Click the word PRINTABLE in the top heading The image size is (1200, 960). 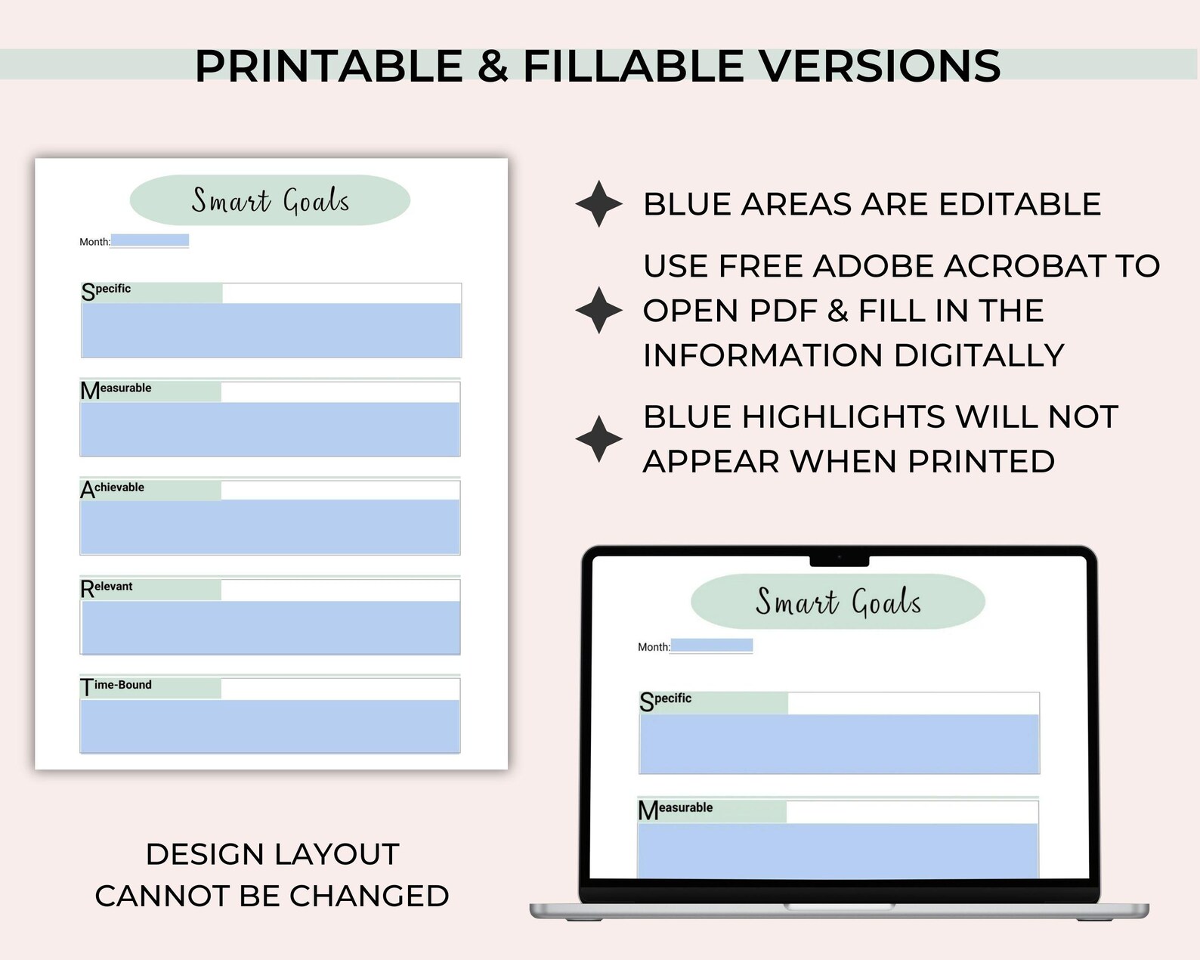(329, 66)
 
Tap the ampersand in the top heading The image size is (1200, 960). (493, 66)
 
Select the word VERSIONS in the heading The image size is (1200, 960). (880, 66)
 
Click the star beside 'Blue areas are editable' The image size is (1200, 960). (599, 204)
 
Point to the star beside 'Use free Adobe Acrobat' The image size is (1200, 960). (599, 310)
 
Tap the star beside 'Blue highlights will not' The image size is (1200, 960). (599, 438)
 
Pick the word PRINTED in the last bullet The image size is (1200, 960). (981, 461)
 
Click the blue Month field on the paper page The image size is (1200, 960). (150, 240)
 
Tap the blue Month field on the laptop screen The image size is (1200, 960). (711, 646)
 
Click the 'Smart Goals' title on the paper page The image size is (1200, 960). (270, 200)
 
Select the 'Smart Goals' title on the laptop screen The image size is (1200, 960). (838, 602)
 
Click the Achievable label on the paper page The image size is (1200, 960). (113, 488)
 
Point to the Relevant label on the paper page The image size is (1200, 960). (107, 587)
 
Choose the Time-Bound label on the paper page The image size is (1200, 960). (116, 686)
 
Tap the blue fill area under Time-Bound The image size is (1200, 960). (270, 726)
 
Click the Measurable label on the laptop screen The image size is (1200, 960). (676, 809)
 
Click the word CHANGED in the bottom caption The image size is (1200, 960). (370, 896)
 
